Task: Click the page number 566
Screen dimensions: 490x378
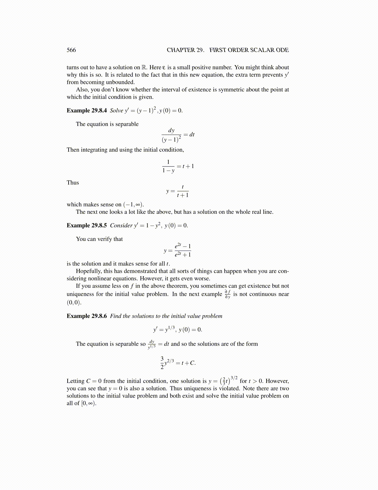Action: click(x=71, y=50)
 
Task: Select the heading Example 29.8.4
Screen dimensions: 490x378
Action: click(x=86, y=110)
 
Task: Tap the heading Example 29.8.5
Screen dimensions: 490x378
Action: click(x=86, y=225)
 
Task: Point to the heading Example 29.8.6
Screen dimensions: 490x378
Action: click(x=86, y=316)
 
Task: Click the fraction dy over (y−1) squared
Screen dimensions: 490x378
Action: click(x=171, y=135)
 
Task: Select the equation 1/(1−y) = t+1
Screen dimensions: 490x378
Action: click(x=178, y=166)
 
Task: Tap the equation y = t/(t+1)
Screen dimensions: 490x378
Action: click(x=178, y=191)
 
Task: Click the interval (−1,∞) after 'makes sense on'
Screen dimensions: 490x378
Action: click(x=133, y=204)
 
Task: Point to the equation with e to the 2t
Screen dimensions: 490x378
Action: click(x=178, y=250)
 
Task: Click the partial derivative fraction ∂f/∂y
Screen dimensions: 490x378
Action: click(x=228, y=294)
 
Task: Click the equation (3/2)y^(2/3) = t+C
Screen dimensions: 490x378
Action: click(x=178, y=363)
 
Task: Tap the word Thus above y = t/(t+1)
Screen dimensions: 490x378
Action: click(x=73, y=183)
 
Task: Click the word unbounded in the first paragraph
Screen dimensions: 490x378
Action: click(x=120, y=82)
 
